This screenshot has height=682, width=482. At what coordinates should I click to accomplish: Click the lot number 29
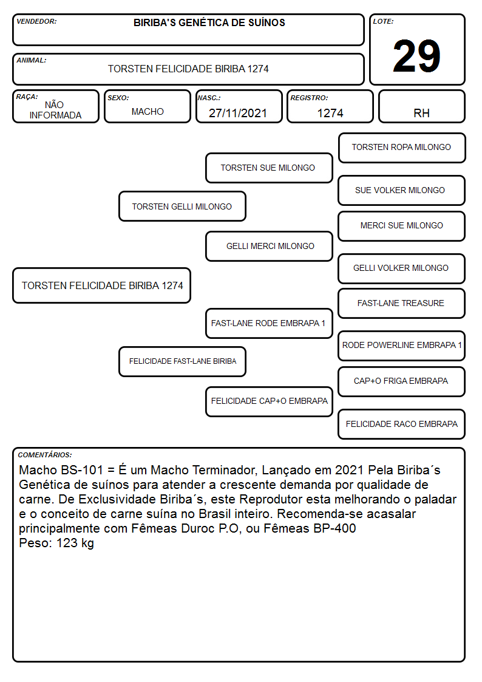point(416,56)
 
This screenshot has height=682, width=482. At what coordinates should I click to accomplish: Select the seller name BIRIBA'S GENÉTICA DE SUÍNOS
point(209,22)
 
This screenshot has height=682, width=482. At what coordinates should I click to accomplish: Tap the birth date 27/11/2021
point(238,113)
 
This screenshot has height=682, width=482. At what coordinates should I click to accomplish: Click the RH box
point(421,107)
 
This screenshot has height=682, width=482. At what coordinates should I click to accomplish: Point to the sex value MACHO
point(148,112)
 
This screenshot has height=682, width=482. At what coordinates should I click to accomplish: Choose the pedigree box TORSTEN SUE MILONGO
point(269,168)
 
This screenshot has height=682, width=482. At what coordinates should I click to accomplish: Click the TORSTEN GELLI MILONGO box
point(182,206)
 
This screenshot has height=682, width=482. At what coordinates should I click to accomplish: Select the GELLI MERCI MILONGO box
point(269,246)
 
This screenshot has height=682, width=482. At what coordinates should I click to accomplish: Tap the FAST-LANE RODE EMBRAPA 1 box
point(269,323)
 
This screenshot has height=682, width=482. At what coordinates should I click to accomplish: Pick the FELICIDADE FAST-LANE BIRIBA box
point(182,361)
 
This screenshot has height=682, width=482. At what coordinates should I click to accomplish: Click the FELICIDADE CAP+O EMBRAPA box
point(269,401)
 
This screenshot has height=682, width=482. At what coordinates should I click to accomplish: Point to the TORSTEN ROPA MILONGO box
point(402,148)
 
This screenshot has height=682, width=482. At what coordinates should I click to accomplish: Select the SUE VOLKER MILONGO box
point(402,191)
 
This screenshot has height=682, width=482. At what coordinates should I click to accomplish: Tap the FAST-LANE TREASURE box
point(402,304)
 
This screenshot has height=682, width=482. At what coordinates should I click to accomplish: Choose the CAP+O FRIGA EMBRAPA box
point(402,381)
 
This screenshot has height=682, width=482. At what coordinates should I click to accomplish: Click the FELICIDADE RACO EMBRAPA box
point(402,424)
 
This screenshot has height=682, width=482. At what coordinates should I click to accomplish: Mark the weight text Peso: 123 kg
point(56,544)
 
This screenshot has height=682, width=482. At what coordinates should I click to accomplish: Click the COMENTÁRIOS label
point(45,455)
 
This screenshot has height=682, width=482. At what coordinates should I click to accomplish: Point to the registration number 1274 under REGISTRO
point(330,113)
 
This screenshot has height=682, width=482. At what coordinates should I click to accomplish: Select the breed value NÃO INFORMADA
point(55,110)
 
